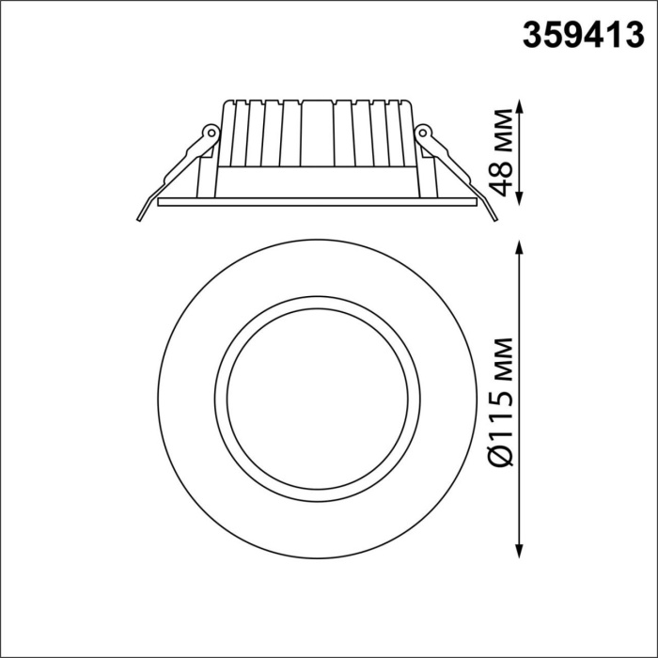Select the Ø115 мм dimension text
pyautogui.click(x=507, y=399)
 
